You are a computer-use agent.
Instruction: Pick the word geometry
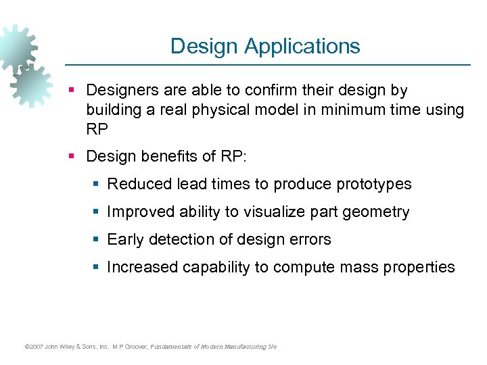[x=376, y=212]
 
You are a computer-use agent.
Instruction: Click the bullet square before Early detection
[x=97, y=240]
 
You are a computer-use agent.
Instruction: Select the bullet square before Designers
[x=76, y=91]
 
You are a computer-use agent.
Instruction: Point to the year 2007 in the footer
[x=34, y=347]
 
